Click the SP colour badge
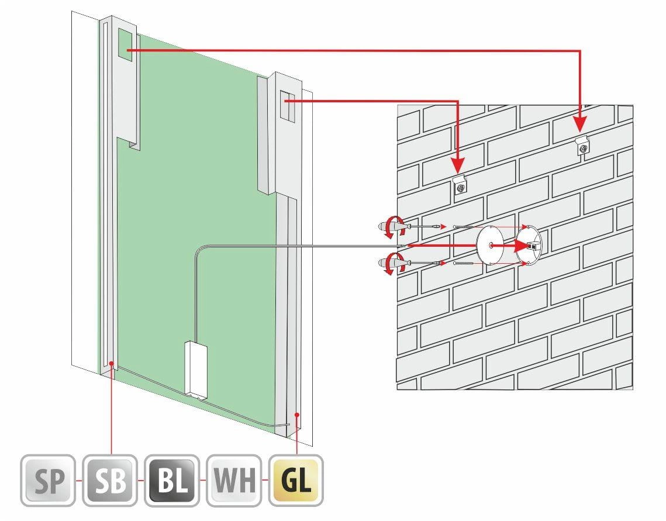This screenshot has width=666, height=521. coord(48,480)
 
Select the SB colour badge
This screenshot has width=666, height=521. coord(110,480)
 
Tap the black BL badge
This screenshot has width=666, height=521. coord(172,480)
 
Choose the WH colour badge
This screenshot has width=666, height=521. coord(234,480)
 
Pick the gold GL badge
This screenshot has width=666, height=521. coord(296,480)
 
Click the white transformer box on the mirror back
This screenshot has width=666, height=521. coord(196,369)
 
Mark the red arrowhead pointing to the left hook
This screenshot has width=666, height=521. coord(458,164)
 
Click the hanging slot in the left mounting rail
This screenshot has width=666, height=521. coord(125,43)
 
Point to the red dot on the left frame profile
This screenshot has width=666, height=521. coord(111,363)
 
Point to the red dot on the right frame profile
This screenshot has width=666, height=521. coord(297,415)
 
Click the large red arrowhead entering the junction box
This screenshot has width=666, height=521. coord(520,246)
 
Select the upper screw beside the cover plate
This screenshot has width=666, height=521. coord(463,227)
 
